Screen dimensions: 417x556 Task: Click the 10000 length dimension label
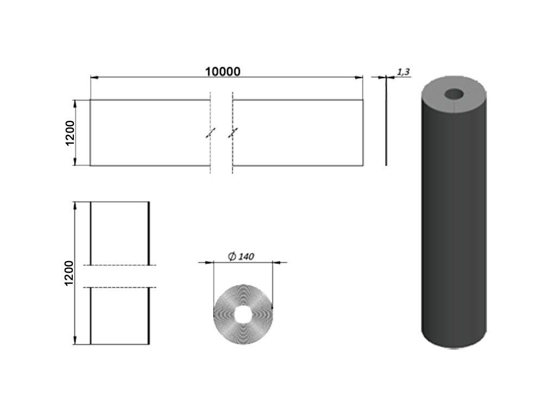pos(223,71)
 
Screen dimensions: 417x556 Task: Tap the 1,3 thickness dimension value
pos(403,71)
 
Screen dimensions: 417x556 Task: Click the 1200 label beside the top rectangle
pos(69,133)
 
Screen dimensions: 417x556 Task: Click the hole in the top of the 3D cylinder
pos(454,94)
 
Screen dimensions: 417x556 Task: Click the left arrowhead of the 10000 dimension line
pos(94,78)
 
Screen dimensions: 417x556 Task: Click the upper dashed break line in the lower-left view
pos(119,266)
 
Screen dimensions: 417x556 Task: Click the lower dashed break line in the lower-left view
pos(119,287)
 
